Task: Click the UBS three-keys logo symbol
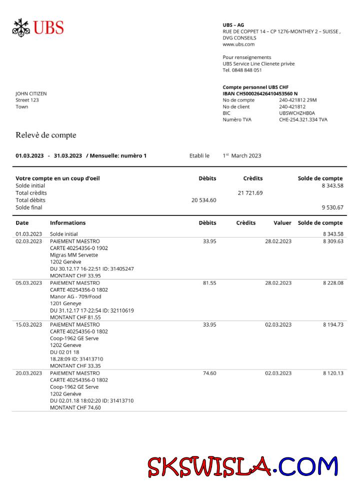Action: [x=21, y=27]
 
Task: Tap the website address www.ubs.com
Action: [x=238, y=44]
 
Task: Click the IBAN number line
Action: [x=260, y=93]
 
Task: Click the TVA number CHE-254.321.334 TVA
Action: [x=303, y=119]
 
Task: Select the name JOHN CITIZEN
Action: [x=31, y=93]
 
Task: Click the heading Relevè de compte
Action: [x=45, y=135]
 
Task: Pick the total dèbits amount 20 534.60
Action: [x=204, y=200]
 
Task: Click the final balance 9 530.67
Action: [x=332, y=207]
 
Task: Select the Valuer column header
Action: [x=282, y=223]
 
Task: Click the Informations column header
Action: [x=67, y=223]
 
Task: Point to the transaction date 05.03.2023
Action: [x=29, y=283]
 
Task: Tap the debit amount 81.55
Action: [x=209, y=283]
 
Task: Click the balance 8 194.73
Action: [x=333, y=324]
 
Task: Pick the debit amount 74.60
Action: [x=209, y=373]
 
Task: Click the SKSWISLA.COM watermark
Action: [x=242, y=466]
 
